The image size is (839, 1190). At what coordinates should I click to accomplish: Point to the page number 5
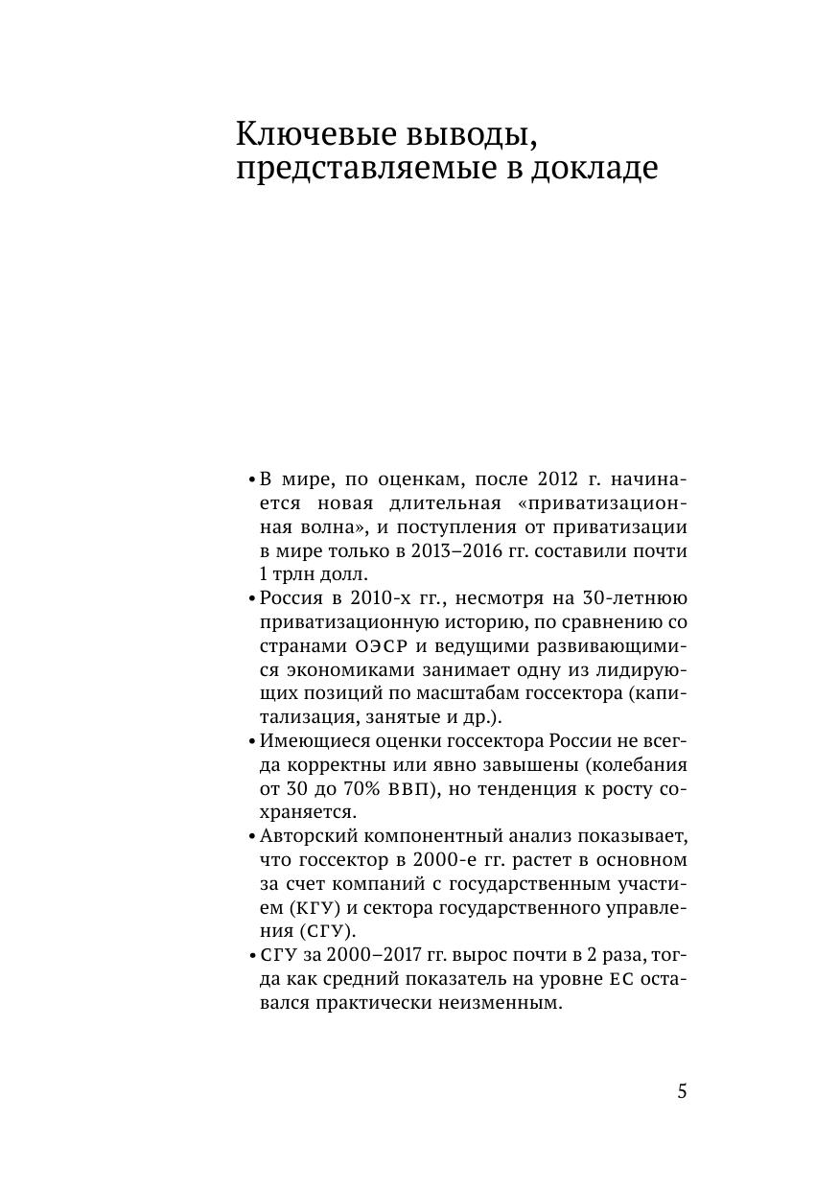(682, 1092)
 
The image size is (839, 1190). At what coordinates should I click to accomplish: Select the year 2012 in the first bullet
(558, 479)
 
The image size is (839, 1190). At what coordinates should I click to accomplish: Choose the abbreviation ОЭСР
(368, 646)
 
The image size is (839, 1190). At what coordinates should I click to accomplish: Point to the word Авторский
(310, 836)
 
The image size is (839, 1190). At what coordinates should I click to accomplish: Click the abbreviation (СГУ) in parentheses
(326, 931)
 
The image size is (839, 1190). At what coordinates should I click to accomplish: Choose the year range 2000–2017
(365, 955)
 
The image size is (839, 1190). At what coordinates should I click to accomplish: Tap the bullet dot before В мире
(251, 479)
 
